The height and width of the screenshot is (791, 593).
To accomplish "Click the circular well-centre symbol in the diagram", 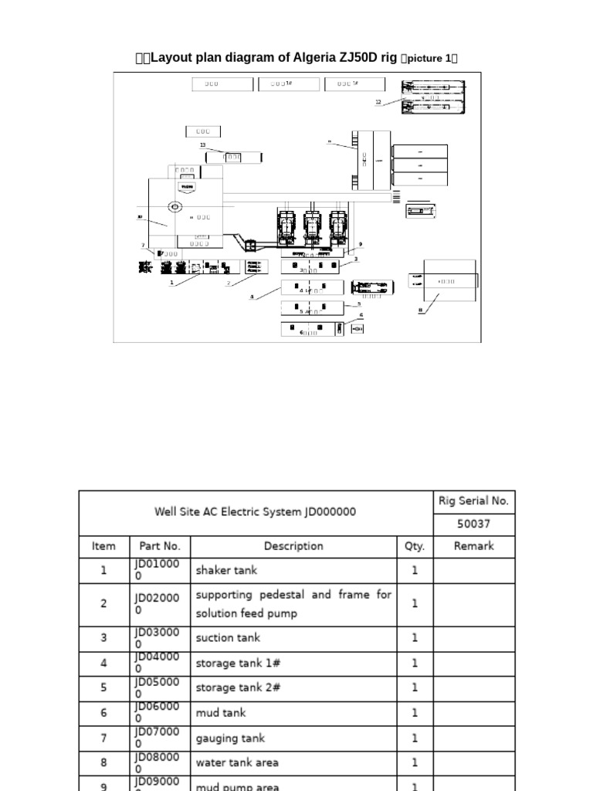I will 175,207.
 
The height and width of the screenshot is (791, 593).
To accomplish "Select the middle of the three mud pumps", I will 312,226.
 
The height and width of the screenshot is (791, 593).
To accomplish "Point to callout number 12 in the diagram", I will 378,102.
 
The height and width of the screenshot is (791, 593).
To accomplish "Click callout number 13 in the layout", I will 203,145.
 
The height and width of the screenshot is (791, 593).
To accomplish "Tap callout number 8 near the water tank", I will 421,311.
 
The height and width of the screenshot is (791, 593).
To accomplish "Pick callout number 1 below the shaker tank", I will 171,283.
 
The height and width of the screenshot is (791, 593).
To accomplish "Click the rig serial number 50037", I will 473,524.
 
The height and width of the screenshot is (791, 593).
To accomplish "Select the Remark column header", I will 473,546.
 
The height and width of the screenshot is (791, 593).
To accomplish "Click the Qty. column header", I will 415,546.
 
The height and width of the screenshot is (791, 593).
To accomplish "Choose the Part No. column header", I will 160,546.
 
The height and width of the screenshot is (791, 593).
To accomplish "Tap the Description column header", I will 293,546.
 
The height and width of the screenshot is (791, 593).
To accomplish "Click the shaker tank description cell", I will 226,571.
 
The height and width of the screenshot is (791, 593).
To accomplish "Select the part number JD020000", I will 158,604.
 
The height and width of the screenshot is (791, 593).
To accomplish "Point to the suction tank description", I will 228,638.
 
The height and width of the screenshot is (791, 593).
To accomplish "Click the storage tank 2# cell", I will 238,687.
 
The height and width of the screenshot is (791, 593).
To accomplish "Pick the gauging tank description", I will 231,738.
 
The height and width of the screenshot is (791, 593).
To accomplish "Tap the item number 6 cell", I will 103,713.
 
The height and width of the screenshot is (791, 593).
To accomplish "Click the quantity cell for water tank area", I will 415,763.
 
